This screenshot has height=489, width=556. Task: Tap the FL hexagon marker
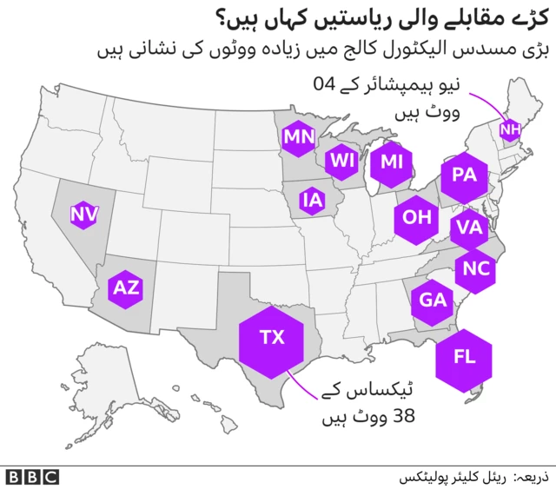coord(464,357)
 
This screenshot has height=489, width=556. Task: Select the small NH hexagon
coord(508,130)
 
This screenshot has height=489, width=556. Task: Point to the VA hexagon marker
coord(469,228)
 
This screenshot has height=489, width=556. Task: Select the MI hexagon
coord(392,162)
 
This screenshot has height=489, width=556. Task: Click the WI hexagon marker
coord(342,161)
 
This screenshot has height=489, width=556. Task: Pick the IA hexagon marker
coord(312,202)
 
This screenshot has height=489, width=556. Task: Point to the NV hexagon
coord(83,214)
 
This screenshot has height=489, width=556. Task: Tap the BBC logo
coord(31,477)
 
